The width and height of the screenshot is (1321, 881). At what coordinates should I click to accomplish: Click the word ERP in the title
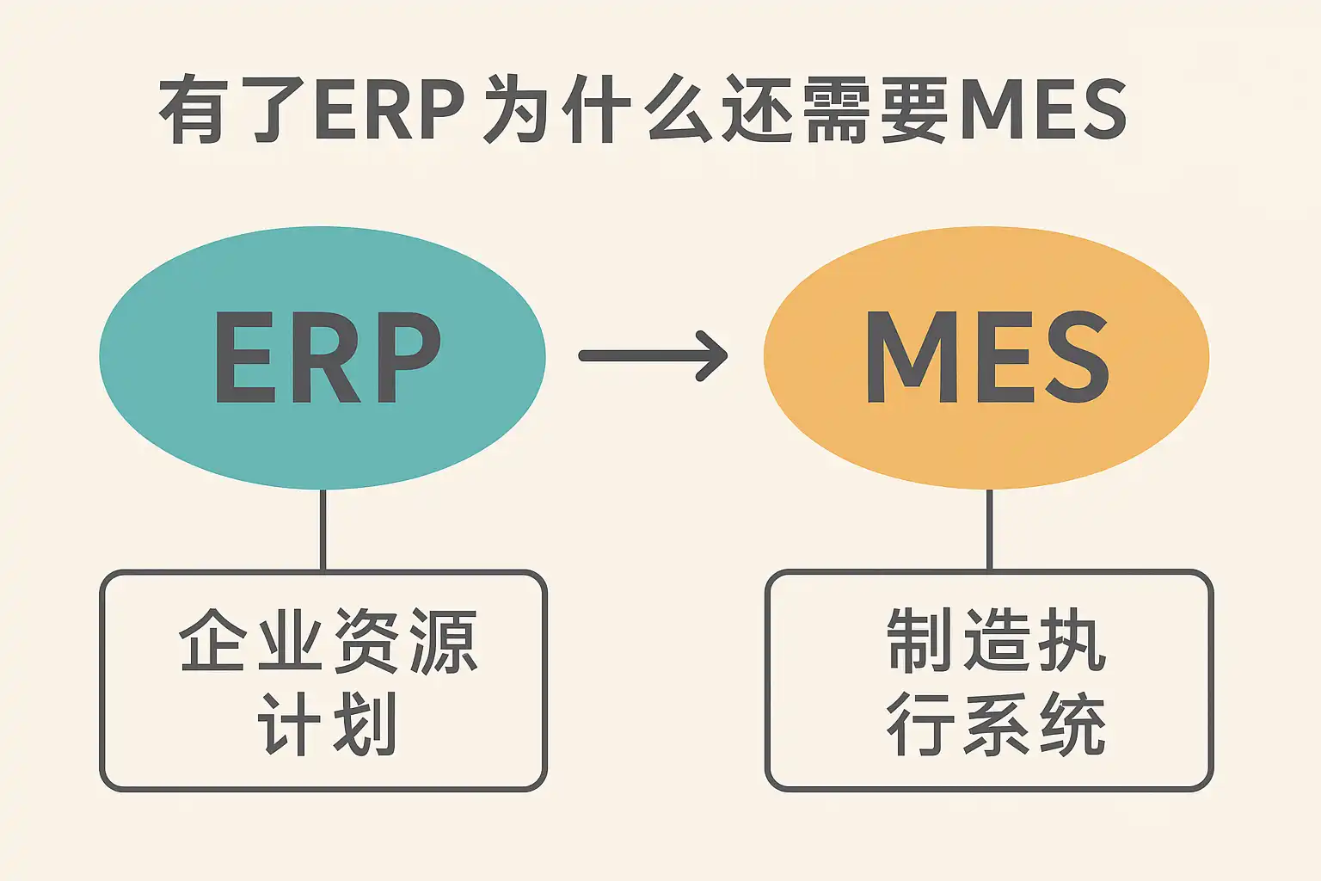pos(390,110)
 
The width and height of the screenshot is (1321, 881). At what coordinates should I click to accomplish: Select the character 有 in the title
pos(194,109)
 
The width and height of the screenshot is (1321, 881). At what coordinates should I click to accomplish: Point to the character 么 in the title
pos(679,109)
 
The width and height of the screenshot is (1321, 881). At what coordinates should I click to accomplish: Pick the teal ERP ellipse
pos(323,358)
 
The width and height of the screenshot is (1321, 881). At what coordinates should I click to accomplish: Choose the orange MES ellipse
pos(986,358)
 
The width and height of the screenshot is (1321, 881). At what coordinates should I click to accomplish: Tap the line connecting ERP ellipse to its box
pos(323,530)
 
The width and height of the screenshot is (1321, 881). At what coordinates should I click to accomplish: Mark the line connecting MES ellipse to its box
pos(989,530)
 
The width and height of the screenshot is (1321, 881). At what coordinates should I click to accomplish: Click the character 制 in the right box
pos(919,640)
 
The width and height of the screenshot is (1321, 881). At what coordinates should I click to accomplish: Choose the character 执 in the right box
pos(1072,640)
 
